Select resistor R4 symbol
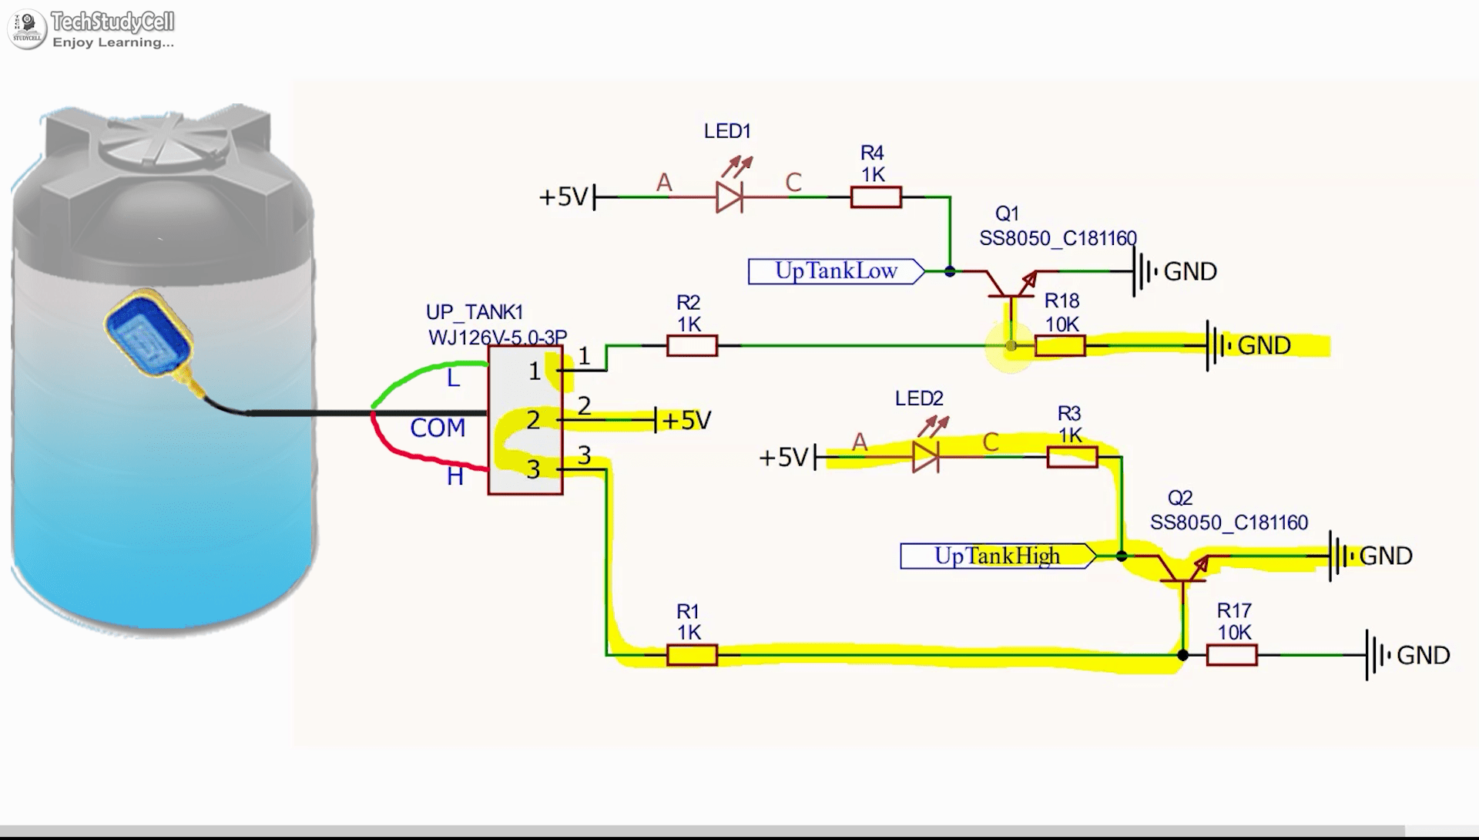[876, 197]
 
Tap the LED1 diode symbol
[729, 197]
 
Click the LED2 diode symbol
[924, 457]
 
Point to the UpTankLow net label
[836, 271]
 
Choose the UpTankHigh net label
[998, 556]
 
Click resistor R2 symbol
[692, 346]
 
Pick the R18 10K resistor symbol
[1060, 346]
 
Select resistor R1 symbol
[692, 655]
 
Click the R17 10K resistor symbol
[1232, 655]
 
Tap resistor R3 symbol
[1072, 457]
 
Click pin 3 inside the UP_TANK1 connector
[534, 469]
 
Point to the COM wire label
[437, 428]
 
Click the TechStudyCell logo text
[112, 22]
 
